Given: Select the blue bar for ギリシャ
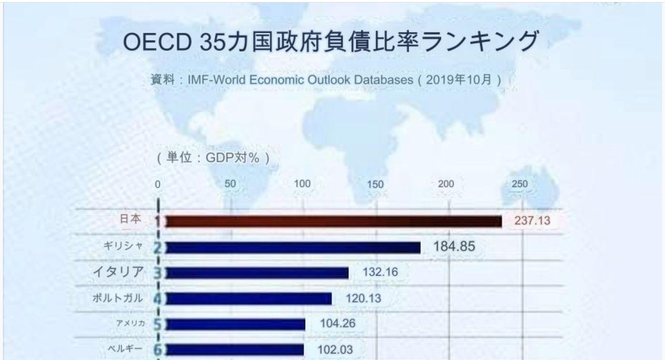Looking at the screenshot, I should (x=293, y=247).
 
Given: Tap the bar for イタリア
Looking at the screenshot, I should (x=257, y=273).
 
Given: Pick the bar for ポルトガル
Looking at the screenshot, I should (x=249, y=298).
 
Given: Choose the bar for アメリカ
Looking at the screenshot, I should (x=235, y=324).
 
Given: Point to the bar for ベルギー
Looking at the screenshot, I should (x=235, y=350).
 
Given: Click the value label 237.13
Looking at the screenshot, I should (x=532, y=221).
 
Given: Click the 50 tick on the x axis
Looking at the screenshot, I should (x=230, y=184).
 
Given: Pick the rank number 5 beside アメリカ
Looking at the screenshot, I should (x=158, y=324).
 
